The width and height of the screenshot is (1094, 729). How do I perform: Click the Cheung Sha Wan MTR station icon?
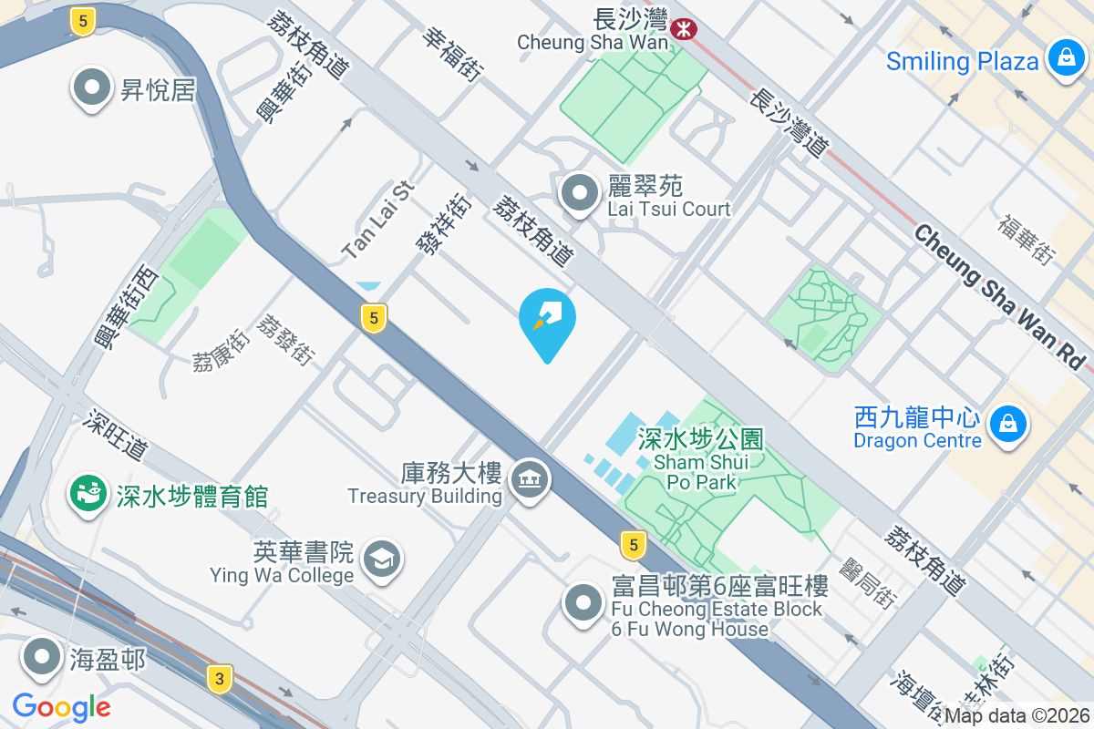pyautogui.click(x=683, y=29)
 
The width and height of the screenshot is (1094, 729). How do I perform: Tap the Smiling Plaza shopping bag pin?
pyautogui.click(x=1063, y=60)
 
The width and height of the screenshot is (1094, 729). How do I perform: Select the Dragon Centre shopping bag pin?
pyautogui.click(x=1008, y=425)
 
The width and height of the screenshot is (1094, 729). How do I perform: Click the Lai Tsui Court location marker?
pyautogui.click(x=579, y=193)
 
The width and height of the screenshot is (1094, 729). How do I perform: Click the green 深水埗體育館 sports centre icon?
pyautogui.click(x=88, y=494)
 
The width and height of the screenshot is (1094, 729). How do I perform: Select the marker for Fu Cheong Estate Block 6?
pyautogui.click(x=583, y=602)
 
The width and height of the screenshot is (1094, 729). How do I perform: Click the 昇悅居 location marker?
pyautogui.click(x=92, y=88)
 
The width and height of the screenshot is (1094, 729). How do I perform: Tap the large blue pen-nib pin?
pyautogui.click(x=547, y=319)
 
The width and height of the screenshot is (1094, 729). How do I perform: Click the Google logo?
pyautogui.click(x=61, y=706)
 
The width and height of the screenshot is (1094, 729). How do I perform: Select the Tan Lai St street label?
pyautogui.click(x=377, y=218)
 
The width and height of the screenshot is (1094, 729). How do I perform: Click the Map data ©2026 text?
pyautogui.click(x=1017, y=715)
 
